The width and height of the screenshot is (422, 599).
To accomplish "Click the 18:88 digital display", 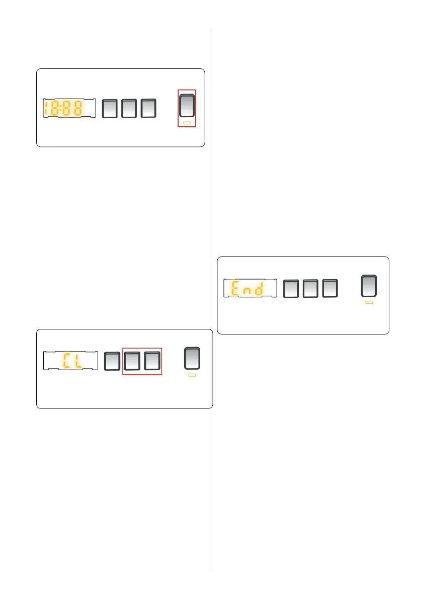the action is pyautogui.click(x=69, y=108).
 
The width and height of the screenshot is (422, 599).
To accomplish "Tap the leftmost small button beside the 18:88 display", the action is pyautogui.click(x=110, y=108).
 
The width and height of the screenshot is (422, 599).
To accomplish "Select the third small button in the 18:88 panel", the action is pyautogui.click(x=148, y=108).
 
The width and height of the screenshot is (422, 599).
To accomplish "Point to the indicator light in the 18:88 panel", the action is pyautogui.click(x=187, y=123).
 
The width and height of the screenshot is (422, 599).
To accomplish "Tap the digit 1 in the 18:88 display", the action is pyautogui.click(x=47, y=108).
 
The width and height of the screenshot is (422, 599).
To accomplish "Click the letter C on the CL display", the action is pyautogui.click(x=67, y=361).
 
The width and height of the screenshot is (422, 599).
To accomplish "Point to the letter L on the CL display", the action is pyautogui.click(x=79, y=361).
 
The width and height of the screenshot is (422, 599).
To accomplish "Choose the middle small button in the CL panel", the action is pyautogui.click(x=132, y=361).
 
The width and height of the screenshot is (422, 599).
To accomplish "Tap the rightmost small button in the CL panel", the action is pyautogui.click(x=151, y=361).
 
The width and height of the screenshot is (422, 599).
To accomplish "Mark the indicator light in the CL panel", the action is pyautogui.click(x=192, y=376).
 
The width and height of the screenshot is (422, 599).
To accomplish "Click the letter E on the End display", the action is pyautogui.click(x=235, y=289).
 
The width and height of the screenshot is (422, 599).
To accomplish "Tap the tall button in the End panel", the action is pyautogui.click(x=369, y=286).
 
